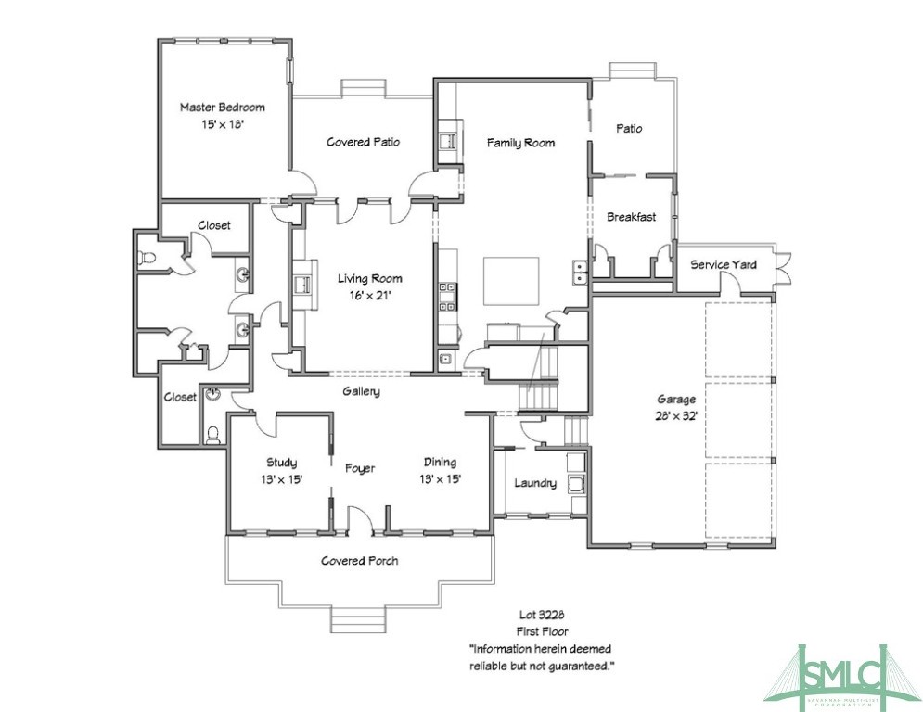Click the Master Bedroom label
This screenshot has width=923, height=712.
click(x=222, y=108)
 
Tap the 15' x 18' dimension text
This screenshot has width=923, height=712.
click(x=222, y=123)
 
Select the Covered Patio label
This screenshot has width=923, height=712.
click(x=363, y=142)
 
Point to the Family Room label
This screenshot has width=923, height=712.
click(x=521, y=143)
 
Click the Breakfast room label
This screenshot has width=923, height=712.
click(x=631, y=217)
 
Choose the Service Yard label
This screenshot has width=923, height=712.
click(x=724, y=265)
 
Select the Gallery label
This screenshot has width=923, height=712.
click(x=361, y=392)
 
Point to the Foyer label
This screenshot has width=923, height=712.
click(x=360, y=469)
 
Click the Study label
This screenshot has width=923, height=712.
click(x=281, y=462)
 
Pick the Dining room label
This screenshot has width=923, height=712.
click(x=440, y=462)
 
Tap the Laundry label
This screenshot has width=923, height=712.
click(x=535, y=483)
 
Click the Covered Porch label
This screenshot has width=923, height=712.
click(x=360, y=561)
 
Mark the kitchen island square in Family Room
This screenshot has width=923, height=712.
click(x=511, y=282)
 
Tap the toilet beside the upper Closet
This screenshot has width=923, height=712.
click(x=147, y=256)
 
